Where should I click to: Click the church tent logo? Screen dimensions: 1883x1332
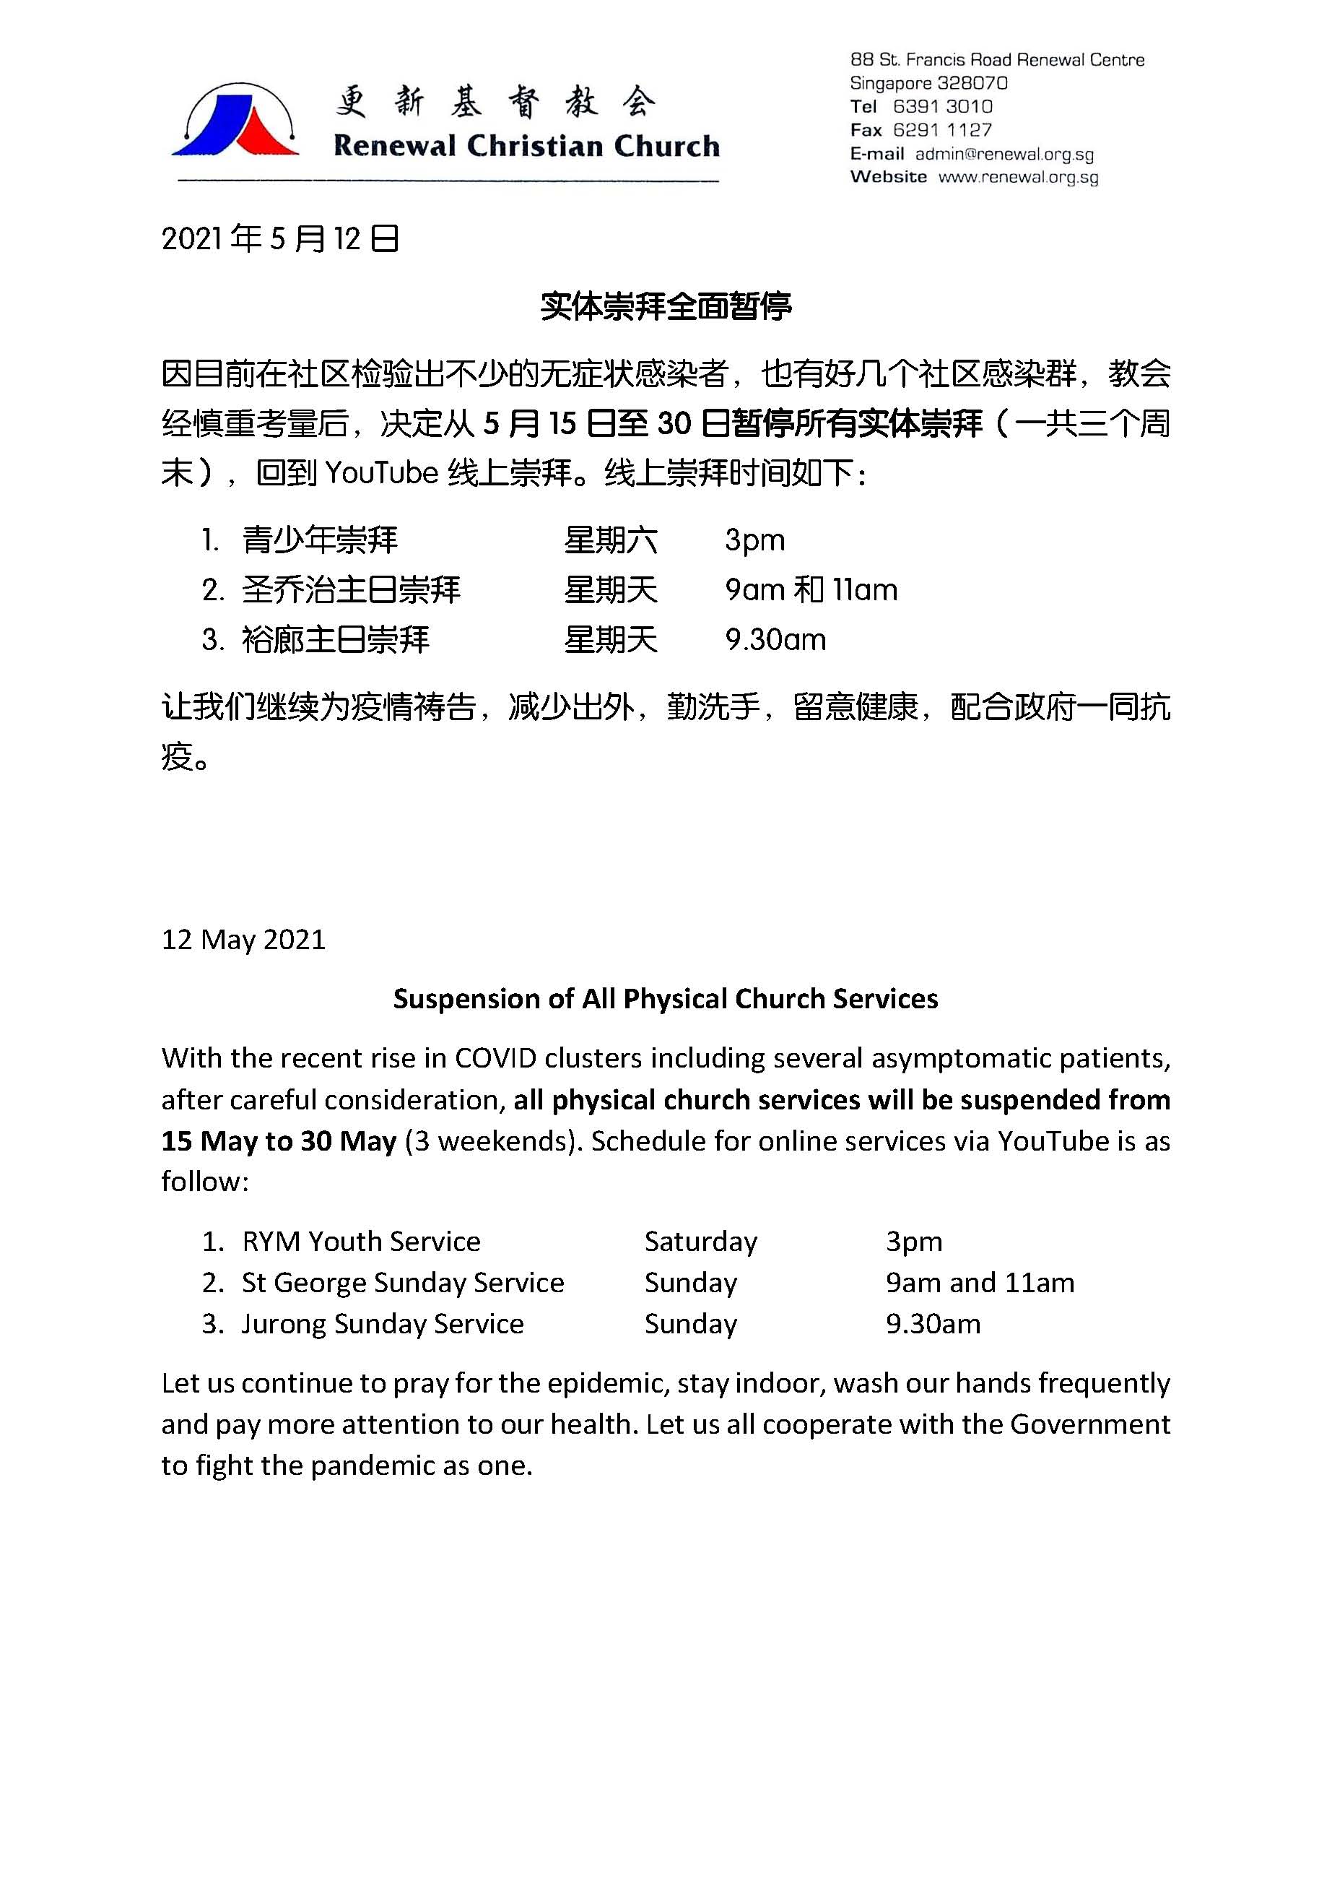point(236,121)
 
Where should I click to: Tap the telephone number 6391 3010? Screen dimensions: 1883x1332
point(942,107)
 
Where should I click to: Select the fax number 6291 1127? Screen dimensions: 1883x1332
point(942,129)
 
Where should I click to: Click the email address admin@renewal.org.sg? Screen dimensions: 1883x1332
point(1004,155)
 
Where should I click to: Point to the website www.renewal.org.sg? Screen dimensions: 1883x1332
point(1018,177)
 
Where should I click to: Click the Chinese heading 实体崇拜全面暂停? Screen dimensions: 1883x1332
point(665,306)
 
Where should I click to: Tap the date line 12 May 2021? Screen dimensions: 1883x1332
point(243,940)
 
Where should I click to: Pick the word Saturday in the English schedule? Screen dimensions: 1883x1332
point(700,1242)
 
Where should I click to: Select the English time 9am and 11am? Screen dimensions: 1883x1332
point(979,1282)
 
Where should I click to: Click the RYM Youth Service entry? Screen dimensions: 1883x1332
point(361,1242)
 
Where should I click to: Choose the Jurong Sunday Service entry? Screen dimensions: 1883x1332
point(382,1323)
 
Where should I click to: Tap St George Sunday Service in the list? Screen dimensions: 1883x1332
point(403,1282)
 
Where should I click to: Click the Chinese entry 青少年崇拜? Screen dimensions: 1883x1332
point(320,540)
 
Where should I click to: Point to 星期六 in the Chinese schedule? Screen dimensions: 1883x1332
point(610,540)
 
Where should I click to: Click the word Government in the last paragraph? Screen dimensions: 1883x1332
point(1089,1424)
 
